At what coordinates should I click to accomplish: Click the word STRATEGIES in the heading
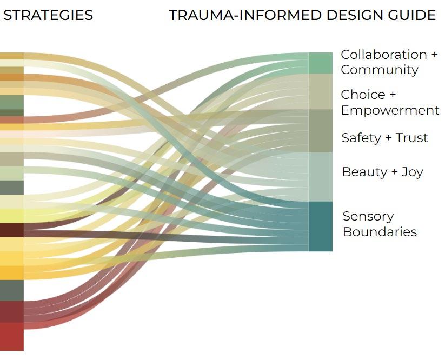(48, 15)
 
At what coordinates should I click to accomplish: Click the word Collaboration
(383, 55)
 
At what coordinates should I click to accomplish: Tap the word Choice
(363, 95)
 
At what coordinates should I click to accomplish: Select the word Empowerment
(390, 110)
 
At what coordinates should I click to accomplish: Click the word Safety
(361, 138)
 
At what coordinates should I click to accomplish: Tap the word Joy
(412, 172)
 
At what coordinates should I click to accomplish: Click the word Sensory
(368, 216)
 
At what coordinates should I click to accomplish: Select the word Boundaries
(380, 232)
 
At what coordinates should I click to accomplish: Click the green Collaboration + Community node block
(320, 63)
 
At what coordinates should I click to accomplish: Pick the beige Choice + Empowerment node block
(320, 91)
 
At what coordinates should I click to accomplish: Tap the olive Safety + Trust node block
(320, 130)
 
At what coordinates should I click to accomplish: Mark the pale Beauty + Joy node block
(320, 176)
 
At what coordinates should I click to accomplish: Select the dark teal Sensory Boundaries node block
(320, 226)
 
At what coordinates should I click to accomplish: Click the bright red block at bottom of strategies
(11, 336)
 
